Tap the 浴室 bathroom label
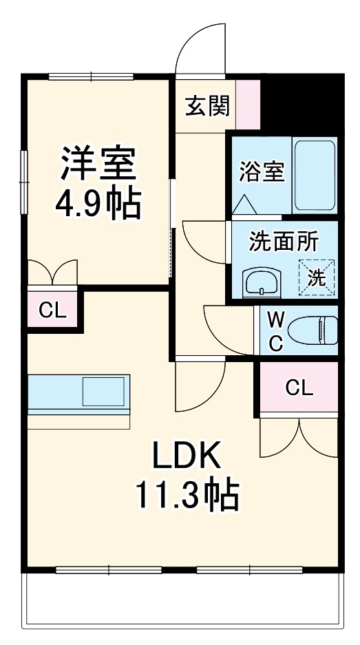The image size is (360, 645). click(262, 171)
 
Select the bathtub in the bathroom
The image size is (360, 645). click(315, 176)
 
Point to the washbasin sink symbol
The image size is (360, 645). click(261, 282)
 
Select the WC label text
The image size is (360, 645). click(275, 331)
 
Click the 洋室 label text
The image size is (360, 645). click(98, 163)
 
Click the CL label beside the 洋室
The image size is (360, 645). click(52, 310)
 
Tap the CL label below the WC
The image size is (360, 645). click(299, 388)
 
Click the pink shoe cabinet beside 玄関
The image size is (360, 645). click(248, 105)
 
